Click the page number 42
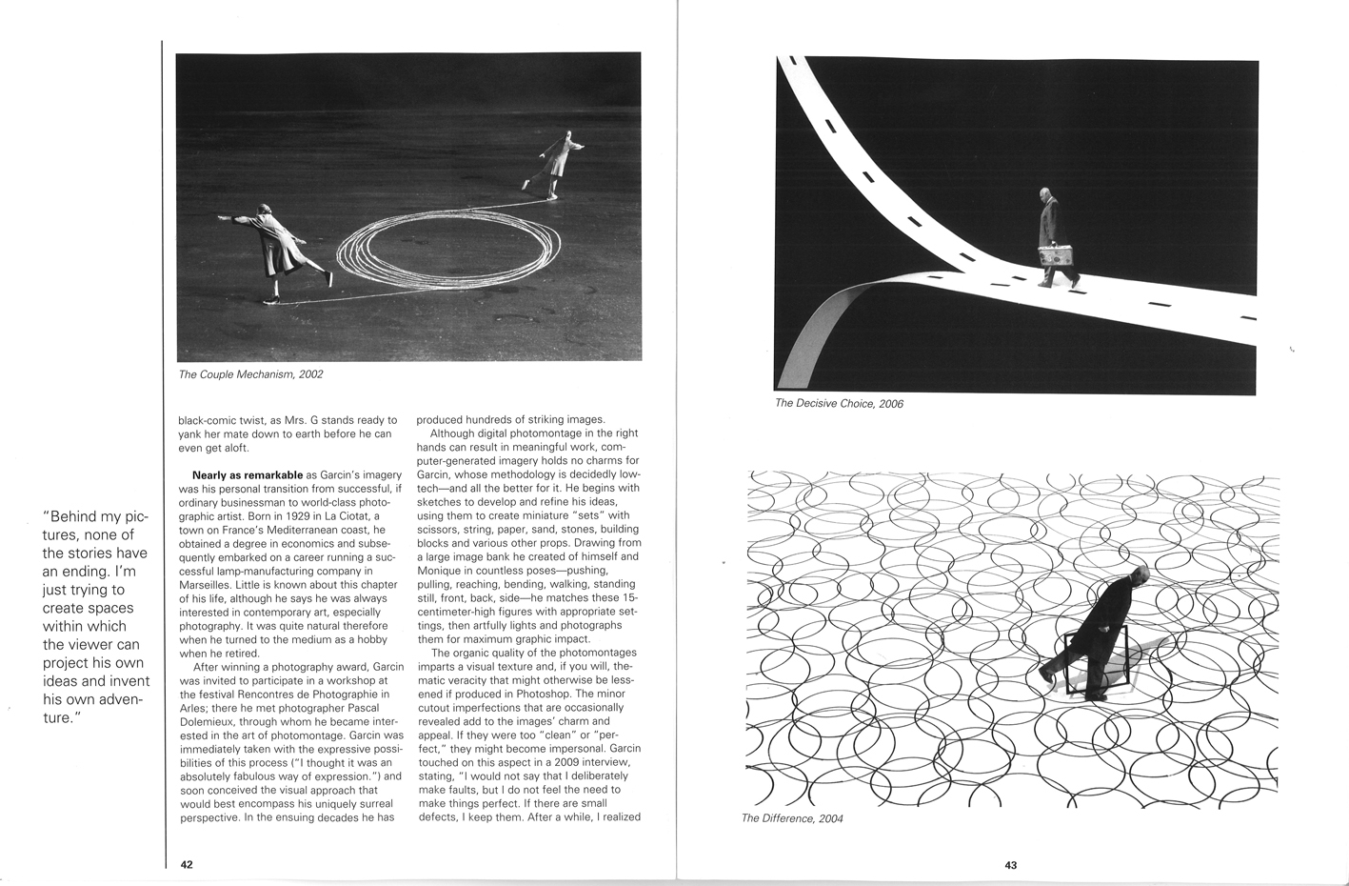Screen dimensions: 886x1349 click(187, 865)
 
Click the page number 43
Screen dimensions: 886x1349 click(1010, 865)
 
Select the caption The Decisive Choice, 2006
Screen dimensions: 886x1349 click(839, 403)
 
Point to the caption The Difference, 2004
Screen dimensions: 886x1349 click(792, 818)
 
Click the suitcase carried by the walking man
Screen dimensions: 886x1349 click(1054, 256)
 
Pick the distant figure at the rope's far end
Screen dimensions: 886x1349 click(557, 162)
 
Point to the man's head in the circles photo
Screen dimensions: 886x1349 click(1139, 575)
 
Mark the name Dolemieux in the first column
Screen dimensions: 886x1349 click(208, 721)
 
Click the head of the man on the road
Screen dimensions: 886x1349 click(1045, 194)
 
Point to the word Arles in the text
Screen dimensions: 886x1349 click(194, 708)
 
